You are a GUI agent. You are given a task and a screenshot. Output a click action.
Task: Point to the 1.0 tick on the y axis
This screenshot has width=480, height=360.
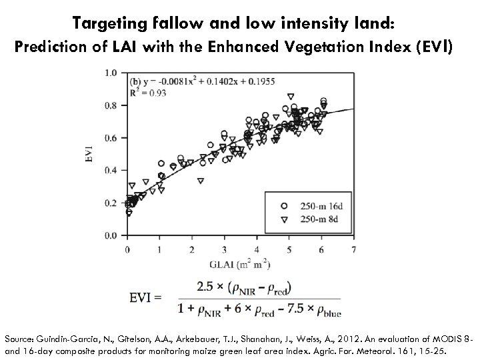tap(111, 73)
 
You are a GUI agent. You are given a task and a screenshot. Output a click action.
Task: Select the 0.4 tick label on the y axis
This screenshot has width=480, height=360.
tap(111, 171)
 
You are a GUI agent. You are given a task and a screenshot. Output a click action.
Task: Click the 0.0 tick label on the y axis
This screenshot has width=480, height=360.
tap(111, 236)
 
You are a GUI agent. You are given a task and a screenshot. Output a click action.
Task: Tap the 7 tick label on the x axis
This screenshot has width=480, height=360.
tap(353, 249)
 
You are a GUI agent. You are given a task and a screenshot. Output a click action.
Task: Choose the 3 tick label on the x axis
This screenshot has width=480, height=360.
tap(224, 249)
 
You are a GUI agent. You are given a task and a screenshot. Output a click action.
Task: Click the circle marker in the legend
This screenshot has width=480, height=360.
tap(284, 205)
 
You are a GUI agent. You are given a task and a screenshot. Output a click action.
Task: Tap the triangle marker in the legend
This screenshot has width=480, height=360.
tap(284, 218)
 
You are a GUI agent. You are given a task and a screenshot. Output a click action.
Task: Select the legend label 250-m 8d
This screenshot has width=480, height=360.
tap(319, 218)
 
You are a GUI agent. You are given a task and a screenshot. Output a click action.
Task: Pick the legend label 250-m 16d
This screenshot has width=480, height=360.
tap(321, 205)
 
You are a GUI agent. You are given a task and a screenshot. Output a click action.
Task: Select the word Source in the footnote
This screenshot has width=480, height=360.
tap(20, 338)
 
